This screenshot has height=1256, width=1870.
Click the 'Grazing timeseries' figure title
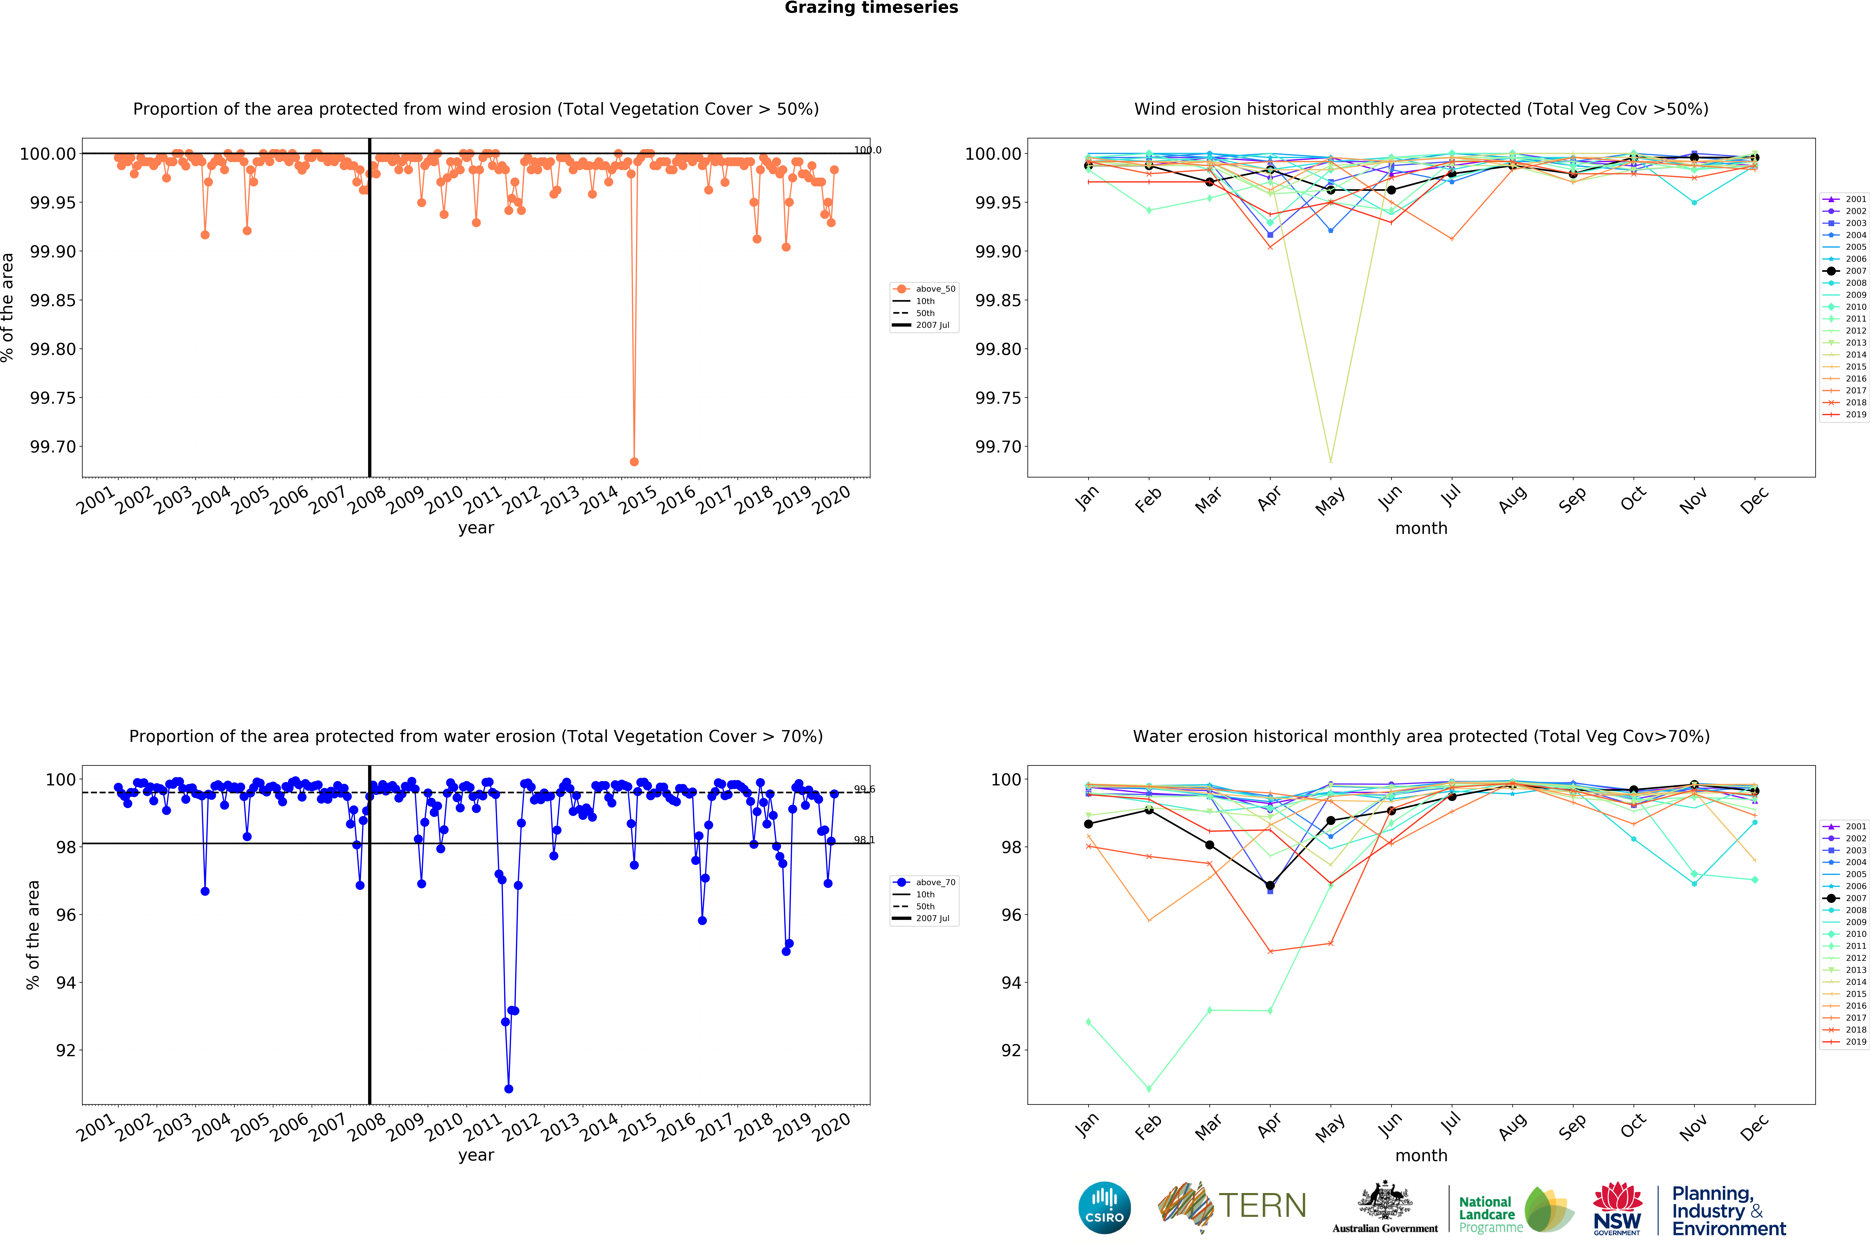871,8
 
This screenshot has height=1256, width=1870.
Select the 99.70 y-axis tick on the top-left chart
53,447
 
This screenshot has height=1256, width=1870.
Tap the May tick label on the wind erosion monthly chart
1330,500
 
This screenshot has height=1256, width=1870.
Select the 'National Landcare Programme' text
1490,1214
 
